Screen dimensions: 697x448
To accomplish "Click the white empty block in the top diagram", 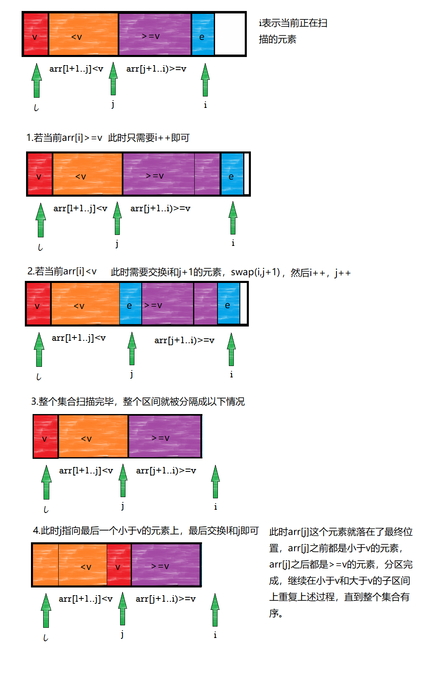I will (x=230, y=34).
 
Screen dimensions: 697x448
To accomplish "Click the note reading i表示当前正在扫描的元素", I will (x=293, y=31).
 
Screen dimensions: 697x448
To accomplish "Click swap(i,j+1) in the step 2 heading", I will (x=255, y=272).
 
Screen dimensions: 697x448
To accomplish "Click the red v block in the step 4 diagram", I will (x=119, y=565).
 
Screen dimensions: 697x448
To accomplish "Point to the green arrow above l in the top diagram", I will (x=37, y=81).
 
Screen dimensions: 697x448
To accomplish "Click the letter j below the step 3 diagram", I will (x=123, y=506).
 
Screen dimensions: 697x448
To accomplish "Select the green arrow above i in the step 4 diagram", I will (x=215, y=610).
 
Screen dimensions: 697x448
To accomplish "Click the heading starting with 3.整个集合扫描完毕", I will (x=138, y=402).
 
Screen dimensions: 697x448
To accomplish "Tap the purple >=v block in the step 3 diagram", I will (x=165, y=437).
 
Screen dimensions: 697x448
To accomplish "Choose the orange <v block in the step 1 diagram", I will (x=87, y=175).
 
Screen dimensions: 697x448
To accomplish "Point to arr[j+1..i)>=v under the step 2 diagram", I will (x=184, y=340).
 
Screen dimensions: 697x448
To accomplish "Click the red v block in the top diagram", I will (x=36, y=35).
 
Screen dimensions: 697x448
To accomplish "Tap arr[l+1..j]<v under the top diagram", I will (x=76, y=69).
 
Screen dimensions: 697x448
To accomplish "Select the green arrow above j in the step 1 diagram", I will (x=117, y=219).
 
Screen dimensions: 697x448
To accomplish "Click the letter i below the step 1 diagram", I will (x=233, y=243).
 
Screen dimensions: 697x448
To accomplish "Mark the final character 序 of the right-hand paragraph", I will (x=274, y=613).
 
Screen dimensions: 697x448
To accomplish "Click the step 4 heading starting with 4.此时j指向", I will (x=146, y=531).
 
